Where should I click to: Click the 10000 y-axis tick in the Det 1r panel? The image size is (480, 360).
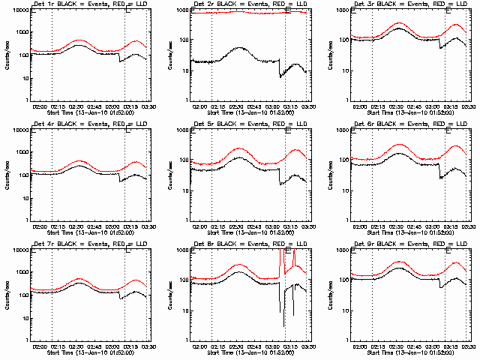click(19, 11)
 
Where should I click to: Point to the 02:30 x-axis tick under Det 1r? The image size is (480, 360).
click(76, 107)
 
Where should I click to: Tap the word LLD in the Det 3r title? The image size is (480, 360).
click(458, 4)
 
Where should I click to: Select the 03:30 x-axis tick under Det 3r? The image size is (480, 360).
click(469, 107)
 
